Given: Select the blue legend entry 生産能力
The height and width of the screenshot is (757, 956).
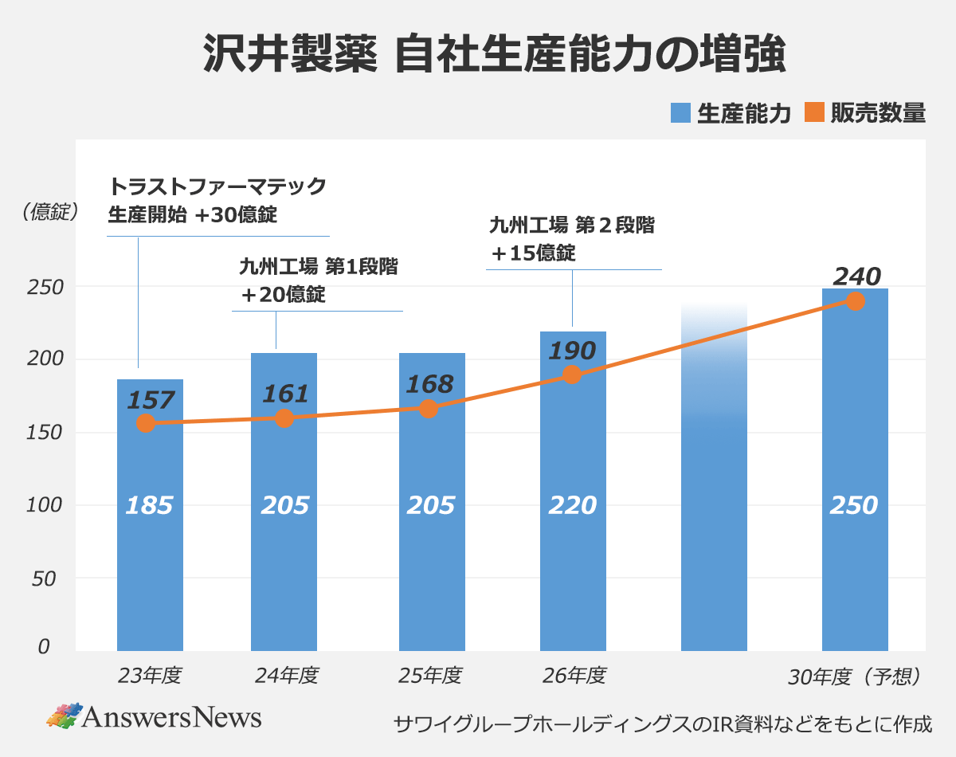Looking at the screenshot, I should [x=731, y=113].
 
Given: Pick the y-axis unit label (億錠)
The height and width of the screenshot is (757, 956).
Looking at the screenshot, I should [x=49, y=211].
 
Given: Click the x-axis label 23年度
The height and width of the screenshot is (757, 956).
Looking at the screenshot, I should [x=150, y=676].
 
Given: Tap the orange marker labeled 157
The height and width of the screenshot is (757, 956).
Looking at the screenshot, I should [x=145, y=423].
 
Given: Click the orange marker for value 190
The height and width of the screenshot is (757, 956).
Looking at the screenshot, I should [x=571, y=375].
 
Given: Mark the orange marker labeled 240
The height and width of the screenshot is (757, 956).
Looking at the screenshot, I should [x=855, y=301].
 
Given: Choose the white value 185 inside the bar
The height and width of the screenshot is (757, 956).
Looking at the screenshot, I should [x=149, y=505].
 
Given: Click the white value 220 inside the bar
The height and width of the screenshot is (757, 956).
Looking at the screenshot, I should [x=572, y=505].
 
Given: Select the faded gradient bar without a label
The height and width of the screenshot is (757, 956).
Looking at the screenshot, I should [x=714, y=478].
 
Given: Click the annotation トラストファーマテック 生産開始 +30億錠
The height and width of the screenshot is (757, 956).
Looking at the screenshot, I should [x=217, y=200].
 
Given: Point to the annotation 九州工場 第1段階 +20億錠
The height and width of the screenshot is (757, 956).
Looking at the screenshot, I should [x=317, y=280].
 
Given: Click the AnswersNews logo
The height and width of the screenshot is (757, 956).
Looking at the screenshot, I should [x=154, y=716].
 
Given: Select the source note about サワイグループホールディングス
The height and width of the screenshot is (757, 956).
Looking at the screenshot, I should [x=662, y=724].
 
